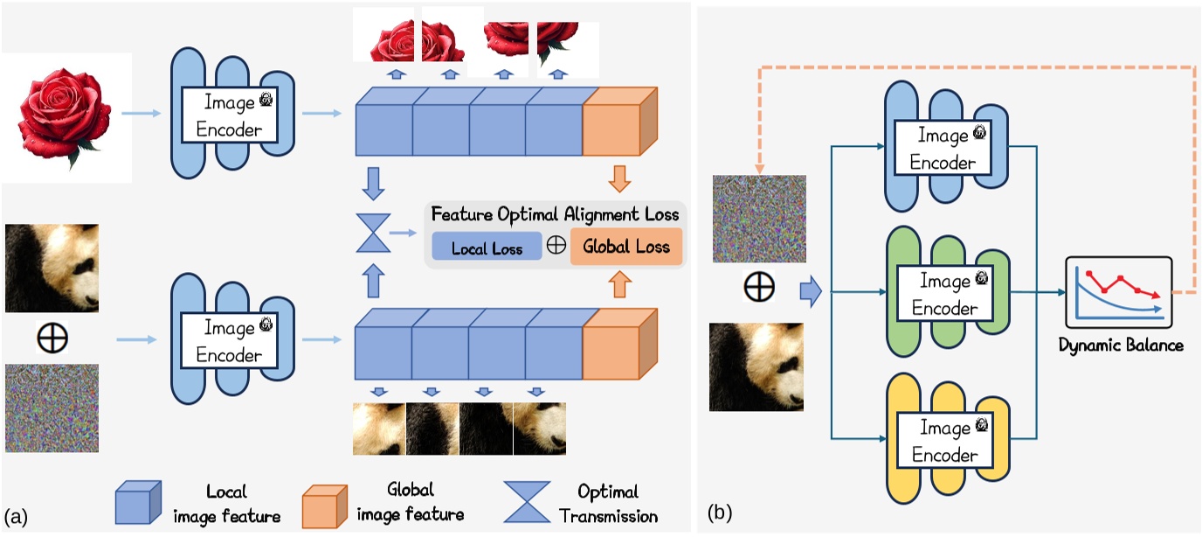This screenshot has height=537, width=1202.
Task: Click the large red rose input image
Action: (66, 116)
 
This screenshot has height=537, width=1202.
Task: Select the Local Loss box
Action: (487, 248)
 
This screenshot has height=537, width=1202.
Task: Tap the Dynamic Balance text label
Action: (1121, 345)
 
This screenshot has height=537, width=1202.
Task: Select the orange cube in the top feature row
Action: (617, 122)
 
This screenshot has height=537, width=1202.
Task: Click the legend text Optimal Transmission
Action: (608, 503)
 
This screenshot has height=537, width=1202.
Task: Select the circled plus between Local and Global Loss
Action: (556, 246)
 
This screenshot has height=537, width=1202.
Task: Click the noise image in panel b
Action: (759, 219)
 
